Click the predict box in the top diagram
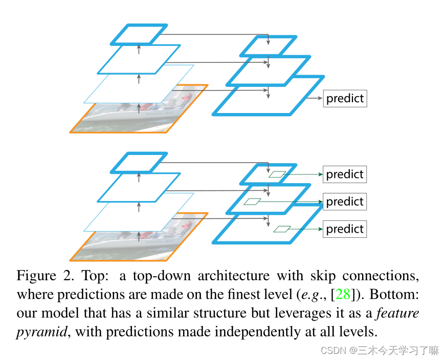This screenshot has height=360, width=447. click(345, 98)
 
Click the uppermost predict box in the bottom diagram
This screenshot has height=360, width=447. click(345, 174)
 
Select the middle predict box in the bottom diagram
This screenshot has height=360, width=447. click(345, 201)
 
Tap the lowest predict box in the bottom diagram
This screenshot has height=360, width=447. click(345, 229)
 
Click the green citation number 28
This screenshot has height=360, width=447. click(343, 295)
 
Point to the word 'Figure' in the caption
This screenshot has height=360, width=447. click(36, 276)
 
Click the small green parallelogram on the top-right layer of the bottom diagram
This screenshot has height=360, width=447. click(277, 174)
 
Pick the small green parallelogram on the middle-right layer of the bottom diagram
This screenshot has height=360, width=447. click(252, 201)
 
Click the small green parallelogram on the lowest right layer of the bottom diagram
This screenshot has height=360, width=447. click(282, 229)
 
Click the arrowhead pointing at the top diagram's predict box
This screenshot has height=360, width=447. click(320, 98)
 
